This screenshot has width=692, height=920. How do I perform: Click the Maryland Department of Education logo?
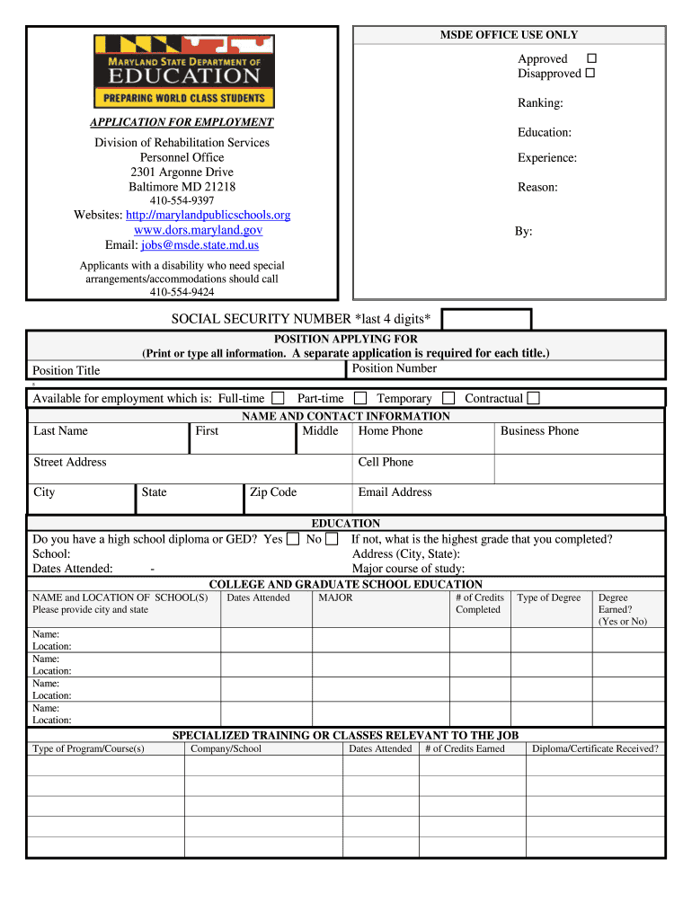pos(184,71)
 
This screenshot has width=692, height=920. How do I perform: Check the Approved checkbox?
pos(590,58)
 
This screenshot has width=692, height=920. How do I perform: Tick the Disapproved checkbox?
pos(590,73)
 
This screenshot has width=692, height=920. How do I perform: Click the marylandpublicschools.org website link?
pos(208,216)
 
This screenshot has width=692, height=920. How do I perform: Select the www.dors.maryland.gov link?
pos(198,230)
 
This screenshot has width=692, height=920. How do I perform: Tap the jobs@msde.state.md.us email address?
pos(200,244)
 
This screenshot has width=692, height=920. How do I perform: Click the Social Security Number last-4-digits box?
pos(486,319)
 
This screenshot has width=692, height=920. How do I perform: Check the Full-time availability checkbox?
pos(278,398)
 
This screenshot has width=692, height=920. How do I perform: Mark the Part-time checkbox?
pos(359,398)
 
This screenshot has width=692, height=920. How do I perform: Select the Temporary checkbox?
pos(448,398)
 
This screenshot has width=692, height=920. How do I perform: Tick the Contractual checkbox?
pos(533,398)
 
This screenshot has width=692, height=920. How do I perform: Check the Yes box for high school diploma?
pos(293,539)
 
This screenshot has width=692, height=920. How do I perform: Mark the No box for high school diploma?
pos(332,539)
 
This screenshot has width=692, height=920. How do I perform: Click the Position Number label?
pos(394,368)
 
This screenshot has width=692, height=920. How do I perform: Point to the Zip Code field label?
pos(272,492)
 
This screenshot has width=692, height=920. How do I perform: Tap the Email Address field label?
pos(395,492)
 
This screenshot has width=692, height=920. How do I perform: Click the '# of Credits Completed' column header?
pos(479,604)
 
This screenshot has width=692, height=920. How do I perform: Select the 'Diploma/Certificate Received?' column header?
pos(595,748)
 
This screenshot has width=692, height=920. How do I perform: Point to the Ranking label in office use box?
pos(539,103)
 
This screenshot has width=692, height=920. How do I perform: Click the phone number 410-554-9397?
pos(182,200)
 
